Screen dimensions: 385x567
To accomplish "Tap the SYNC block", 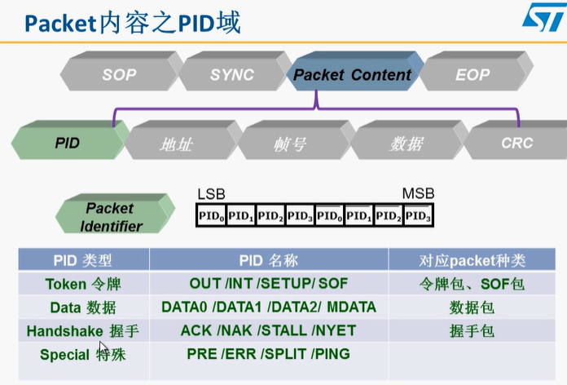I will [x=231, y=74].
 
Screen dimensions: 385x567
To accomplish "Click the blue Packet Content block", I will [x=352, y=74].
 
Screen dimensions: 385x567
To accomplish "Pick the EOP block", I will [x=472, y=74].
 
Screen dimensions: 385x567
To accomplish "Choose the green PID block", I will [x=68, y=143].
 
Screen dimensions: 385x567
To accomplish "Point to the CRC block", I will [x=516, y=143].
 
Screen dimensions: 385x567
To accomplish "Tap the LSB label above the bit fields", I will [x=211, y=194].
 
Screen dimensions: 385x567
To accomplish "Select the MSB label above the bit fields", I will [x=418, y=194].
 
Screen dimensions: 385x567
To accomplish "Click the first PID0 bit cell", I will [x=212, y=215].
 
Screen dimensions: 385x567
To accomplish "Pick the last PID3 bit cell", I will [x=417, y=215].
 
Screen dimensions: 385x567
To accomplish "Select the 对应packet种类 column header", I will [x=472, y=261].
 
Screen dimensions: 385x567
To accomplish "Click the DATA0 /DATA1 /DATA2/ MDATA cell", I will [x=269, y=308].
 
